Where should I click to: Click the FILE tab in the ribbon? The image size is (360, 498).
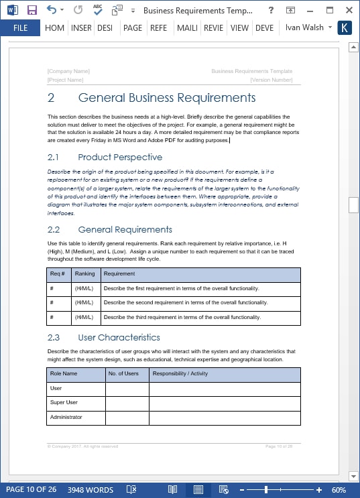tap(20, 28)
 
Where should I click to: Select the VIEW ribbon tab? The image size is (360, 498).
tap(239, 28)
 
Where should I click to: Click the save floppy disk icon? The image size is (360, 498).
tap(32, 11)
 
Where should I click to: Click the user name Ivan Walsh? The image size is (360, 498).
tap(304, 28)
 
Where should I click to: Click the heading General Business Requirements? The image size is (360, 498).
tap(166, 98)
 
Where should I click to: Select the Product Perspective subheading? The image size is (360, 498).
tap(119, 158)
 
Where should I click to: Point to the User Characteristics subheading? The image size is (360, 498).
tap(119, 337)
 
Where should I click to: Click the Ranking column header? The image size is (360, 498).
tap(84, 274)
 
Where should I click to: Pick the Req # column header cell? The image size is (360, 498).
tap(58, 274)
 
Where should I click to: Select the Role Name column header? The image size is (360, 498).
tap(64, 373)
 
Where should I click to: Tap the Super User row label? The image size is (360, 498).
tap(64, 403)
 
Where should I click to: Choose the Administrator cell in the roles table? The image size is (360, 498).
tap(66, 418)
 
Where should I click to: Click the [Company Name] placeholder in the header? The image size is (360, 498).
tap(68, 71)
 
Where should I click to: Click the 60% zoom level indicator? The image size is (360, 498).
tap(339, 490)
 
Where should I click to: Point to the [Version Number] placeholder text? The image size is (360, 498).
tap(271, 80)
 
